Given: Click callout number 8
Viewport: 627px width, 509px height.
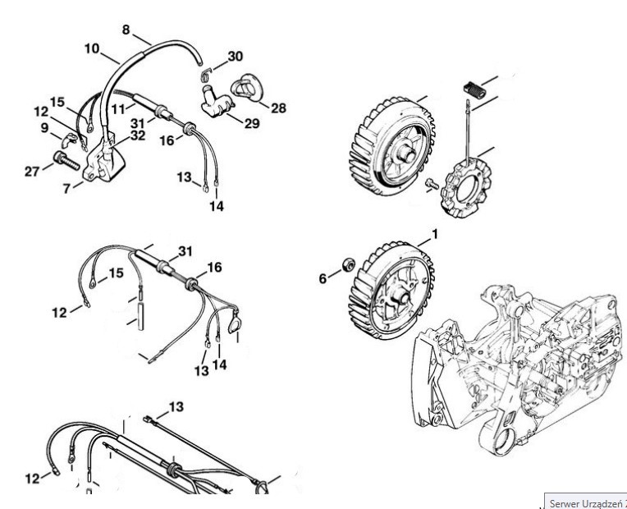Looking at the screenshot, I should coord(126,30).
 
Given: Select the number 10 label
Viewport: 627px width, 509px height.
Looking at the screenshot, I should coord(92,48).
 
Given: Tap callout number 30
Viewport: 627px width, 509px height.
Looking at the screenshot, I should coord(236,57).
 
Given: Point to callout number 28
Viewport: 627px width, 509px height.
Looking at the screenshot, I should coord(278,108).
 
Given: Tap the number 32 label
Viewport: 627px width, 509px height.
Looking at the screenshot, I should coord(137,136).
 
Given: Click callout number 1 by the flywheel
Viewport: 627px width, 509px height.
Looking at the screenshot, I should coord(434,235).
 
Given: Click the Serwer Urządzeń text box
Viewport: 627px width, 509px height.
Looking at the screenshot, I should coord(585,500).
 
